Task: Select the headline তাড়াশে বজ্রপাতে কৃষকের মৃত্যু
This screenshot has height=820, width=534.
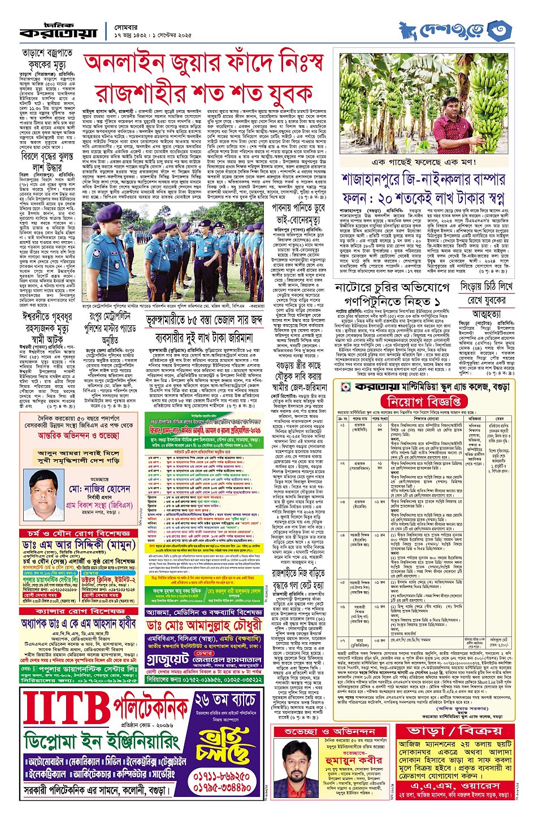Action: click(x=47, y=59)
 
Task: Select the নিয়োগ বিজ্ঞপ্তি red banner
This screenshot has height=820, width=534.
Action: click(x=432, y=402)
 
